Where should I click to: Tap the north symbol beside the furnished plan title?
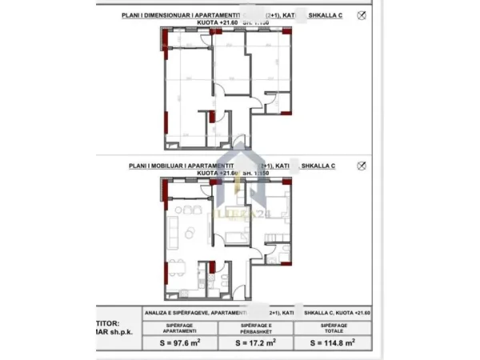362,165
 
